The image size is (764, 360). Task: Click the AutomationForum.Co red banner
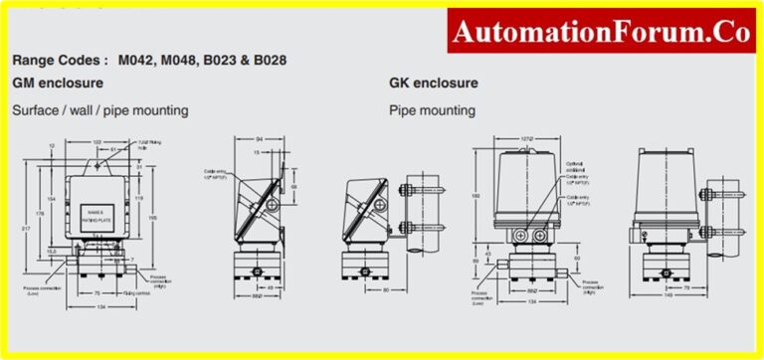600,32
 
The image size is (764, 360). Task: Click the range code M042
137,61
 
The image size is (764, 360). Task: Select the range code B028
267,61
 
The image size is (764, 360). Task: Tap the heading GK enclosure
433,83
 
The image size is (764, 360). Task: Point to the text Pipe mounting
431,109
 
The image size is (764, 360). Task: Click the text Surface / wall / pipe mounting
99,109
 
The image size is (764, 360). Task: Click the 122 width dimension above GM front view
97,141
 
